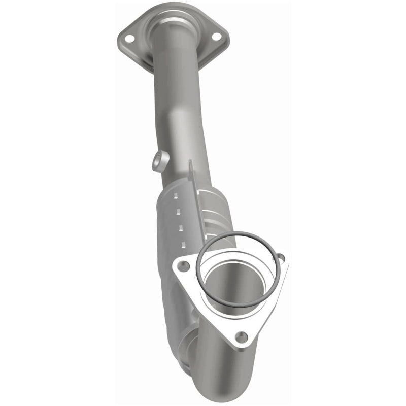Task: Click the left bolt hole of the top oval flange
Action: point(129,38)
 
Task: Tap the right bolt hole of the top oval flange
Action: point(215,36)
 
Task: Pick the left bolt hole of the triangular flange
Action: point(185,265)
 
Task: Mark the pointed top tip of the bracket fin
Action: point(190,162)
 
